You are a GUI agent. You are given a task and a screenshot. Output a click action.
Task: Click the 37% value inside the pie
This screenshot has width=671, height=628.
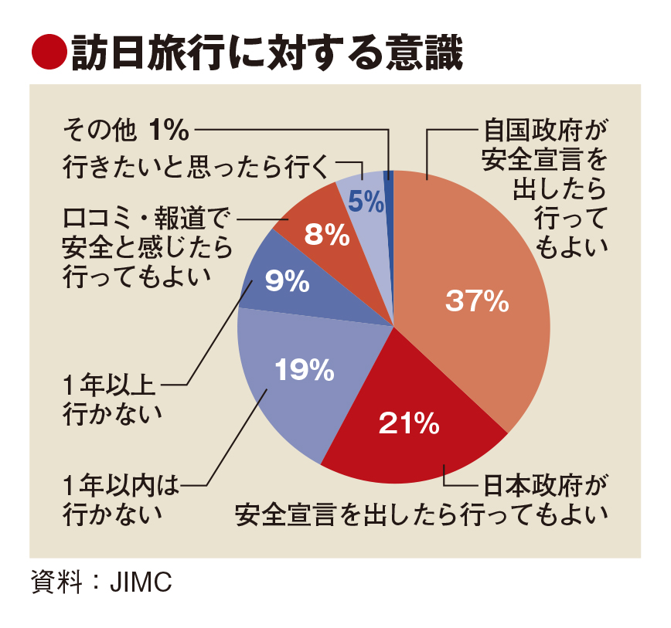click(477, 302)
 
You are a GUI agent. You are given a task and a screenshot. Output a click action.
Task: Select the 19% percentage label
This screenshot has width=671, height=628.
click(305, 372)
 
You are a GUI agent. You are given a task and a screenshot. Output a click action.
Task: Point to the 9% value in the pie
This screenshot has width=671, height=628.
click(287, 283)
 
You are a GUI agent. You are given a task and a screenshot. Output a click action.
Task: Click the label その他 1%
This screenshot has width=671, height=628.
click(126, 131)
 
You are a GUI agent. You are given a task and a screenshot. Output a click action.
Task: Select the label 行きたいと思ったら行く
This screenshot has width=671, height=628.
click(197, 165)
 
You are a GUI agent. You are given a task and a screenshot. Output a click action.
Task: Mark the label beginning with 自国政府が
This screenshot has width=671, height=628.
click(541, 186)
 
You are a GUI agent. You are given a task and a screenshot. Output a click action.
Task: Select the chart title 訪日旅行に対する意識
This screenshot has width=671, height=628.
click(267, 55)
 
